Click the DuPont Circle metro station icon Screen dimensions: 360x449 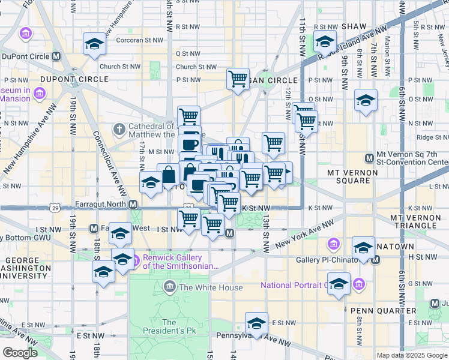tap(56, 56)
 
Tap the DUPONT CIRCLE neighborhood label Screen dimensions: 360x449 tap(74, 79)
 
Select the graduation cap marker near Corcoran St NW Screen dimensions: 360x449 tap(94, 44)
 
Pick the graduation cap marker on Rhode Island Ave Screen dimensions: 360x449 tap(325, 41)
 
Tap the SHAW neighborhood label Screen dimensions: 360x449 tap(353, 27)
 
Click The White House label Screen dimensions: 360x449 tap(211, 287)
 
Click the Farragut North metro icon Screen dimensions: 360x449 tap(134, 204)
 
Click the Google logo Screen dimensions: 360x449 tap(20, 353)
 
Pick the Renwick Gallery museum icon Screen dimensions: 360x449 tap(136, 260)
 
